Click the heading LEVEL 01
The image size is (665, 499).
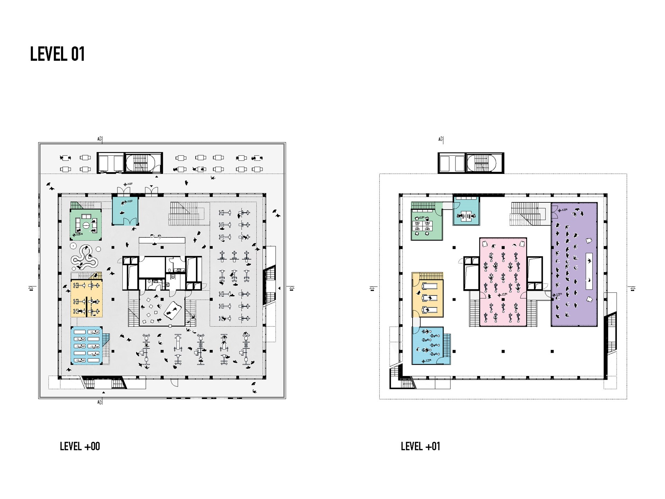click(x=57, y=54)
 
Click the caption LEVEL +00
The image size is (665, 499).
click(x=80, y=446)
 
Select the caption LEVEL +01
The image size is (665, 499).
click(x=420, y=446)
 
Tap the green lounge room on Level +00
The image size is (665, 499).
click(x=86, y=225)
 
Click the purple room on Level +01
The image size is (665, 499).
click(x=574, y=264)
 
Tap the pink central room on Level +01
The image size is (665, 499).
click(x=503, y=281)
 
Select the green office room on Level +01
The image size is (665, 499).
click(x=427, y=225)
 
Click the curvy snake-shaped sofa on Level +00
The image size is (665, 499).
click(x=84, y=258)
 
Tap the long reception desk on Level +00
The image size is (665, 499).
click(x=162, y=240)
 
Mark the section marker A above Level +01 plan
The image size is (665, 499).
click(x=441, y=140)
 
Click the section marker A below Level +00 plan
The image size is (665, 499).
click(x=100, y=402)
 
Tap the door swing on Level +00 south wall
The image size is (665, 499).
click(x=175, y=383)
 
